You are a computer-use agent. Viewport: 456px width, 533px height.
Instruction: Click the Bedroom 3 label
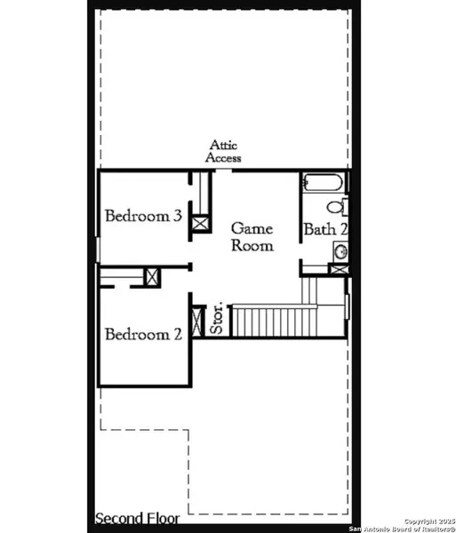(x=143, y=216)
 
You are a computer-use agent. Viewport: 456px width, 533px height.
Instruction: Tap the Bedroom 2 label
(x=143, y=335)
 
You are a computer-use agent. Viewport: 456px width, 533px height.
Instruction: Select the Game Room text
(x=252, y=237)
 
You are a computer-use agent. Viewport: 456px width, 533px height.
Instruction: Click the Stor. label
(x=217, y=321)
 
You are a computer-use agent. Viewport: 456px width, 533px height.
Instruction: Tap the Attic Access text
(x=223, y=152)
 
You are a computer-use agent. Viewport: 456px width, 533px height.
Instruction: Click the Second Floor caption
(x=137, y=518)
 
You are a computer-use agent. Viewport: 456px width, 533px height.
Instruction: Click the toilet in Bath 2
(x=336, y=208)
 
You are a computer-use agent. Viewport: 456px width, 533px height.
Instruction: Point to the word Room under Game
(x=252, y=246)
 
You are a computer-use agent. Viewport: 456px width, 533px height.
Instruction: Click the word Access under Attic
(x=223, y=158)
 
